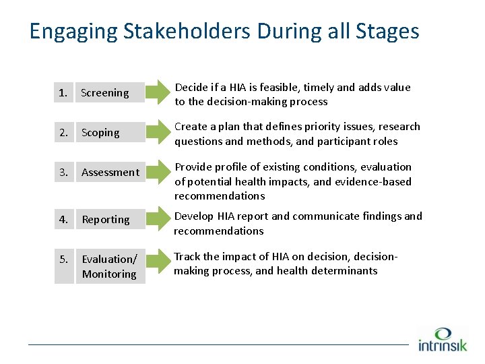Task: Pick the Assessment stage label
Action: [110, 173]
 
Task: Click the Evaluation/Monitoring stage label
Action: [109, 266]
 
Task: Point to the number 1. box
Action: [63, 93]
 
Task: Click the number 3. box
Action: [63, 173]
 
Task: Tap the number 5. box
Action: [63, 266]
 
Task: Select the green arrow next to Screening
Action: [160, 93]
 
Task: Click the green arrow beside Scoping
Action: [160, 133]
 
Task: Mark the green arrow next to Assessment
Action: [160, 173]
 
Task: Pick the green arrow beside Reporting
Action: [160, 220]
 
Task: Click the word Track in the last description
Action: [187, 256]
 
